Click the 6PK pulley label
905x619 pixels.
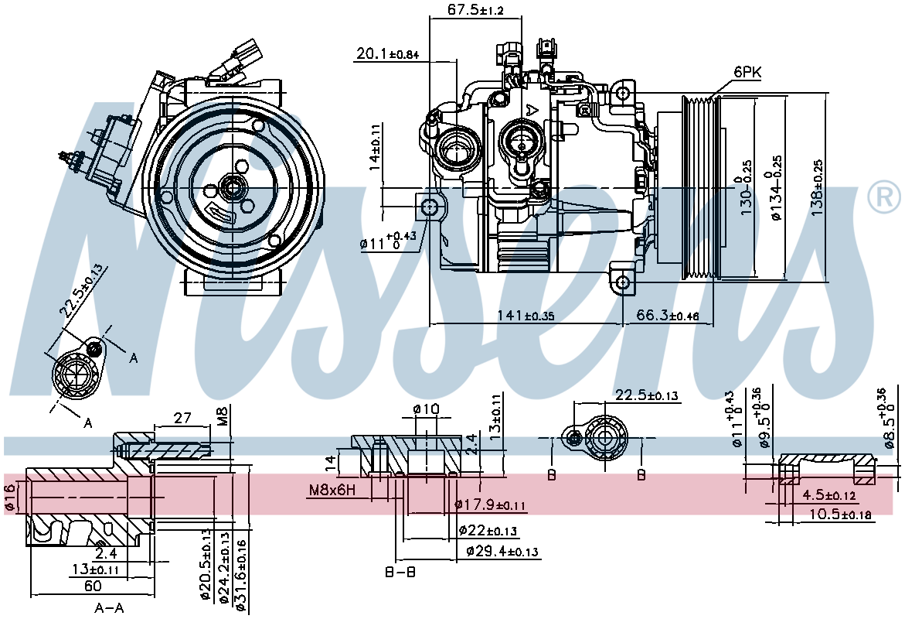[747, 72]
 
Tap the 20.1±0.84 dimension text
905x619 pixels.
[387, 53]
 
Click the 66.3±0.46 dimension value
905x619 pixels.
[668, 316]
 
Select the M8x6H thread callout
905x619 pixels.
[332, 490]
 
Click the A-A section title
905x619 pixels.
[109, 608]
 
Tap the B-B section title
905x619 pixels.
[400, 573]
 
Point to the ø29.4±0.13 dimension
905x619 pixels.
[503, 552]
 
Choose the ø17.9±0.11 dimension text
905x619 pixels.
[490, 505]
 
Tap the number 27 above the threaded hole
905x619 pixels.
[182, 418]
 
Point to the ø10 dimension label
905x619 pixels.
[426, 409]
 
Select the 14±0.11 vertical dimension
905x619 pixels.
[375, 147]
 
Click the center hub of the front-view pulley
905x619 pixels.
[230, 186]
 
